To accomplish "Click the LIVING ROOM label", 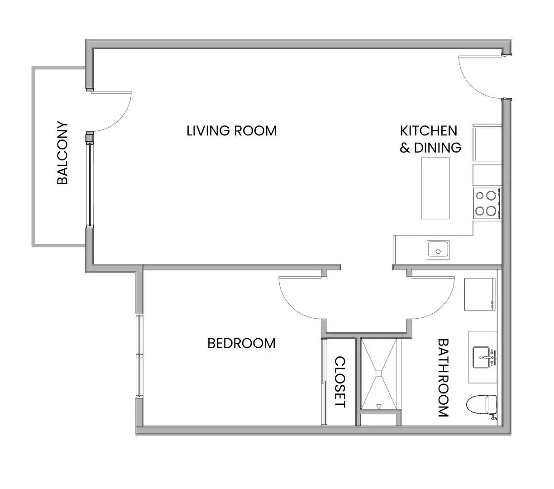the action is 231,131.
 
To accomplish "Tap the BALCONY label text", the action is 62,153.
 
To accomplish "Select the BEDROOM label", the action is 241,343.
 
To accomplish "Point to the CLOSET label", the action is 340,382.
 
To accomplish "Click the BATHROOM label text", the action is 443,378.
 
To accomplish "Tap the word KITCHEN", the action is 429,131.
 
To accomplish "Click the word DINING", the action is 438,148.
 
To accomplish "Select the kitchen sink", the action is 438,250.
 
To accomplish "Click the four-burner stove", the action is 487,203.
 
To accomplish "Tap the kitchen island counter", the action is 435,188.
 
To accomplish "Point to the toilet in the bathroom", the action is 482,405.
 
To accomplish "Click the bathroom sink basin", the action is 481,357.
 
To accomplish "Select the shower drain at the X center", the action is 379,374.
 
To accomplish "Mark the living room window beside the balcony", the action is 90,185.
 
